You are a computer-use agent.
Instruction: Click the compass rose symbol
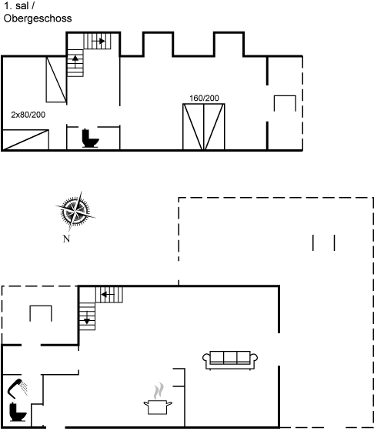75,212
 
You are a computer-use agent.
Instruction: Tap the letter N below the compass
66,239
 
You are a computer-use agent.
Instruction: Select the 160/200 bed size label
204,99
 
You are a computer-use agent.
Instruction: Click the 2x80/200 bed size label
28,115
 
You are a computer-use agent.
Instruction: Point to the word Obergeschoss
38,18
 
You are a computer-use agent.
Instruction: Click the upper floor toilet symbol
90,138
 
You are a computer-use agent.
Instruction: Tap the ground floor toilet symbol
18,412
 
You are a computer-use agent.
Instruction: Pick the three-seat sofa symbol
230,360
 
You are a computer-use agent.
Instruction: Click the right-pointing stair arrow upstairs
98,42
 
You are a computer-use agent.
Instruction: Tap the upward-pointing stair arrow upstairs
75,61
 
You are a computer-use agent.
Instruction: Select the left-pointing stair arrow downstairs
108,295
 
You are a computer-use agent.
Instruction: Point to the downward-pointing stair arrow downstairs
87,318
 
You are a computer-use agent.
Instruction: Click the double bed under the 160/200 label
204,127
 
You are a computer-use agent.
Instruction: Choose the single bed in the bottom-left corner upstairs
25,140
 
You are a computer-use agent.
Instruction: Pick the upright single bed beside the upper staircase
56,79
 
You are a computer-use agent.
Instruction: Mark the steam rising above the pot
159,390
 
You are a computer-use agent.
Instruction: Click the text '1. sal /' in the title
19,6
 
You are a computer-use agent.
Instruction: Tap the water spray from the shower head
25,388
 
